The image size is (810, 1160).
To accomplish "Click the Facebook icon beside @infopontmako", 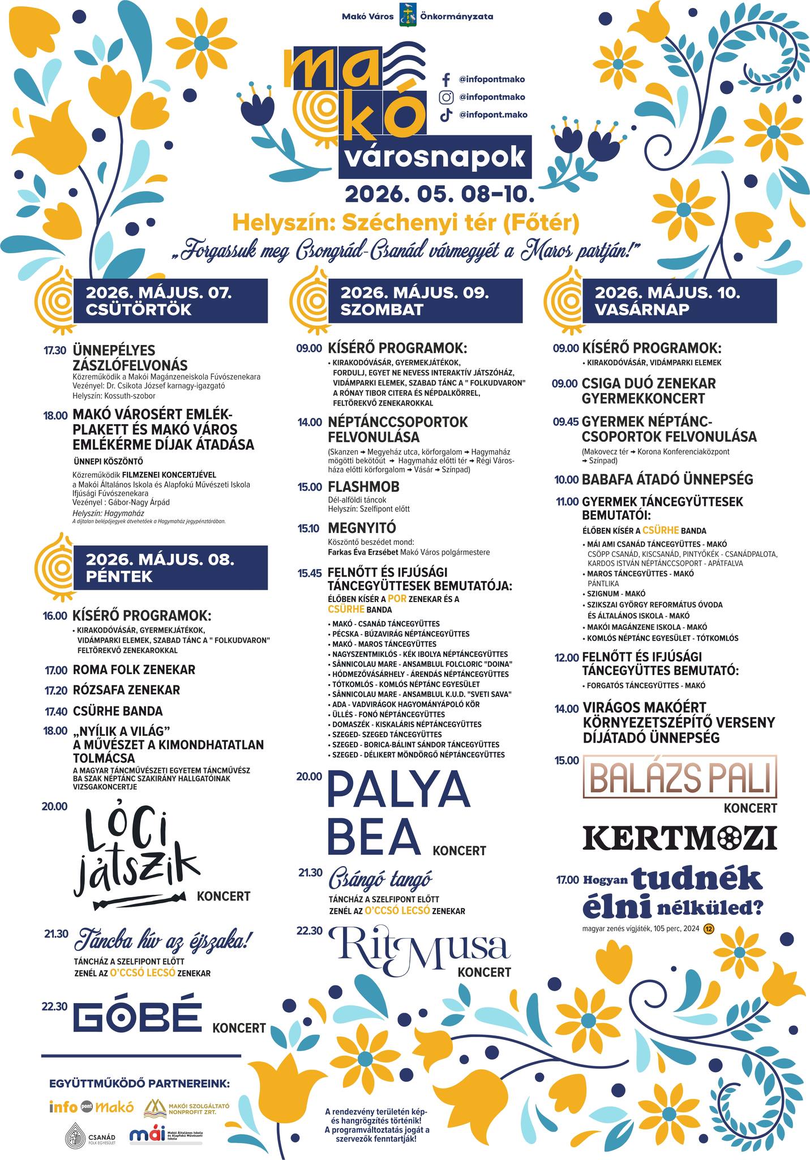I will (x=445, y=79).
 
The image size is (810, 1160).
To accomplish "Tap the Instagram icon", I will (x=445, y=97).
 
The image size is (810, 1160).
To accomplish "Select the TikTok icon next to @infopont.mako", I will (x=445, y=114).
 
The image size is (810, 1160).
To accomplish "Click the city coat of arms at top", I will (x=407, y=15).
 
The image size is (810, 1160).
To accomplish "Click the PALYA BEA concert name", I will (x=399, y=814).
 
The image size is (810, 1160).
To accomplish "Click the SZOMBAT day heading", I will (x=382, y=309).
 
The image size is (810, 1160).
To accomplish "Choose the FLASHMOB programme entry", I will (x=363, y=487).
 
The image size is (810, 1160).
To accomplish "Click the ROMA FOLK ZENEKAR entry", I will (x=134, y=669).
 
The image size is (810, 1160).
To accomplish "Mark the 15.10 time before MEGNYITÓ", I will (x=310, y=528).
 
